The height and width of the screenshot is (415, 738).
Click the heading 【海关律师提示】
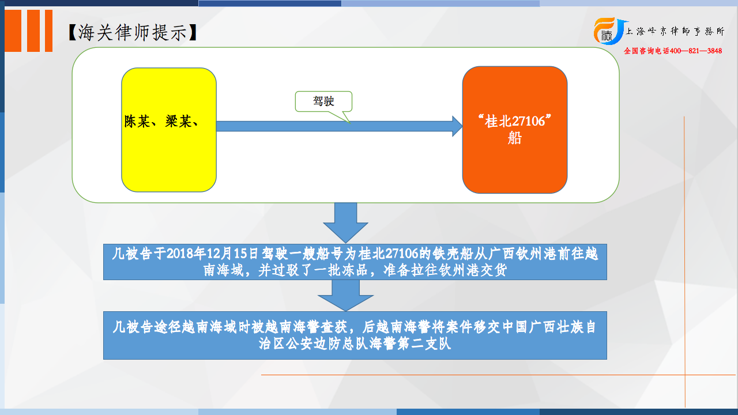pos(133,32)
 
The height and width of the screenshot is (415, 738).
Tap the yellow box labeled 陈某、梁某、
pos(169,130)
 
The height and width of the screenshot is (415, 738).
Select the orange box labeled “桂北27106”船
pos(515,130)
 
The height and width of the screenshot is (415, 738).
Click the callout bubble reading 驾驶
pos(323,101)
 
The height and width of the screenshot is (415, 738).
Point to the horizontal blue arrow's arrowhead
pos(457,126)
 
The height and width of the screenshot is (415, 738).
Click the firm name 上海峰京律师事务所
pos(675,31)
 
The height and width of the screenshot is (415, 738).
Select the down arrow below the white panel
pos(345,223)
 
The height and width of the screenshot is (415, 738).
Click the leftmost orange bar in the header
pos(13,31)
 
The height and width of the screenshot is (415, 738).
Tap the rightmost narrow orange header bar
pos(48,31)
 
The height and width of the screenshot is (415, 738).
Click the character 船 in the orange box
pos(515,138)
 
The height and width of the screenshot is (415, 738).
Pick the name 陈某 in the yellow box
pos(137,122)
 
